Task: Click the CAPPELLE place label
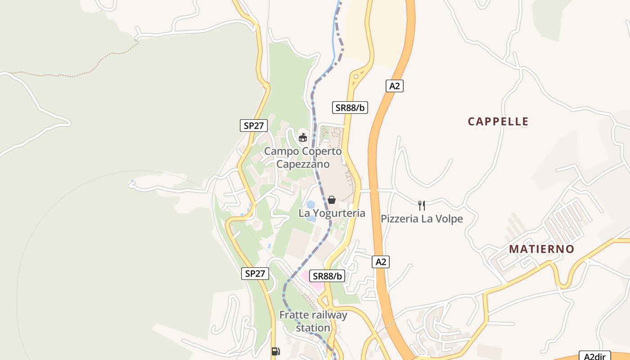click(498, 121)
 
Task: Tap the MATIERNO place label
click(542, 249)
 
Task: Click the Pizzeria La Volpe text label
click(422, 219)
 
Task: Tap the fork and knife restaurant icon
click(422, 206)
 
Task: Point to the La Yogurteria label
click(332, 213)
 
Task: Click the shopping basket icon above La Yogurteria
click(332, 199)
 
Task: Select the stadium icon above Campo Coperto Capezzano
click(303, 137)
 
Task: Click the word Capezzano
click(302, 164)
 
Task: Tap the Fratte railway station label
click(313, 321)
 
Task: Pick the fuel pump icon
click(275, 351)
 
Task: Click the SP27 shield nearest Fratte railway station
click(255, 273)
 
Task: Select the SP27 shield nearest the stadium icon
click(253, 125)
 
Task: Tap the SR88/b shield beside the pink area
click(327, 276)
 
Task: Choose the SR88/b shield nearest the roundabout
click(350, 108)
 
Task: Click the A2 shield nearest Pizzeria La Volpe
click(381, 262)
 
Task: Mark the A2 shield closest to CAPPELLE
click(394, 86)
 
